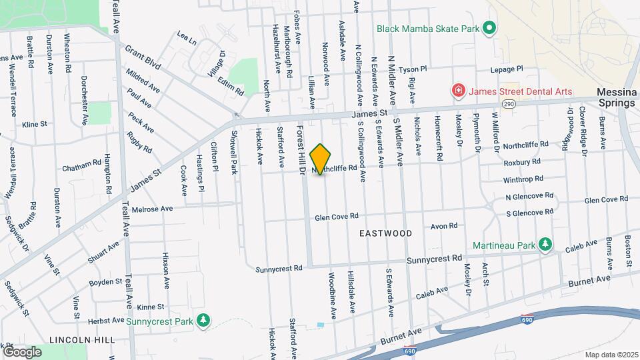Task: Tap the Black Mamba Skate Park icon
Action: point(489,29)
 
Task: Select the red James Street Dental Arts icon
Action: point(457,90)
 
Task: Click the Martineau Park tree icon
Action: point(545,245)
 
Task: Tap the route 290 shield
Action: point(509,105)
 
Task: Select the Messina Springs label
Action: point(617,99)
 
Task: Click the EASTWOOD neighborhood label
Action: point(385,233)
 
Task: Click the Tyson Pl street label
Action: point(413,69)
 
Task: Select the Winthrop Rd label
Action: point(523,179)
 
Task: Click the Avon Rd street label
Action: point(444,226)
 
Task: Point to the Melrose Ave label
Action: point(153,209)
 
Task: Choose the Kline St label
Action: point(35,124)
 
